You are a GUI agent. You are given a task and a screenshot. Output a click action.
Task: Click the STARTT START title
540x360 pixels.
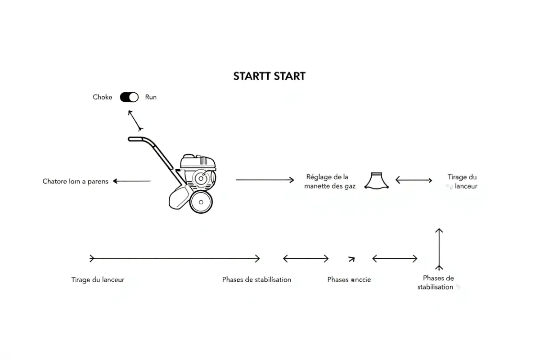pyautogui.click(x=269, y=76)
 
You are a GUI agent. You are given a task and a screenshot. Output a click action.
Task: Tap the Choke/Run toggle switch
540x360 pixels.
pyautogui.click(x=129, y=97)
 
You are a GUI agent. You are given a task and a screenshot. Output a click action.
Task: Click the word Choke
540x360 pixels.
pyautogui.click(x=102, y=97)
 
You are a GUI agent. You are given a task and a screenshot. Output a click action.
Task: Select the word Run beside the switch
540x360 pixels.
pyautogui.click(x=151, y=97)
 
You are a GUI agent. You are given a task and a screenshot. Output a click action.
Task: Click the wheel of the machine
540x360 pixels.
pyautogui.click(x=201, y=202)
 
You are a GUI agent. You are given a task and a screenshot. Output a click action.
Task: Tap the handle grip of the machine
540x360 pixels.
pyautogui.click(x=136, y=139)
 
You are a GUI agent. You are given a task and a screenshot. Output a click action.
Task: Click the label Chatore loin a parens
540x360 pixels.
pyautogui.click(x=76, y=181)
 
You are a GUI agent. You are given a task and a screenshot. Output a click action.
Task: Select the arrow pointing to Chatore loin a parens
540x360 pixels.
pyautogui.click(x=131, y=181)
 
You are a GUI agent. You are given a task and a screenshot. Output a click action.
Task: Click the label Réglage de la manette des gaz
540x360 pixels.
pyautogui.click(x=327, y=181)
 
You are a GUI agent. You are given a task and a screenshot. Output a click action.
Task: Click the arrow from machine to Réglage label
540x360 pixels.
pyautogui.click(x=265, y=180)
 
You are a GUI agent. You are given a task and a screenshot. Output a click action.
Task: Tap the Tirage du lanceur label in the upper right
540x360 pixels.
pyautogui.click(x=462, y=181)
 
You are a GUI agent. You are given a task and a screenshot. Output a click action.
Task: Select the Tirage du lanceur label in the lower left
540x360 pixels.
pyautogui.click(x=98, y=279)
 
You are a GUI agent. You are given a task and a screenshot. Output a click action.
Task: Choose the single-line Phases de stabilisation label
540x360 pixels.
pyautogui.click(x=256, y=279)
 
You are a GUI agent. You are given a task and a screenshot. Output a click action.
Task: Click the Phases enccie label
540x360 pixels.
pyautogui.click(x=349, y=279)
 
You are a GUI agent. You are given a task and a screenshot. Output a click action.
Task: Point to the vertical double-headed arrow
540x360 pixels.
pyautogui.click(x=439, y=248)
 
